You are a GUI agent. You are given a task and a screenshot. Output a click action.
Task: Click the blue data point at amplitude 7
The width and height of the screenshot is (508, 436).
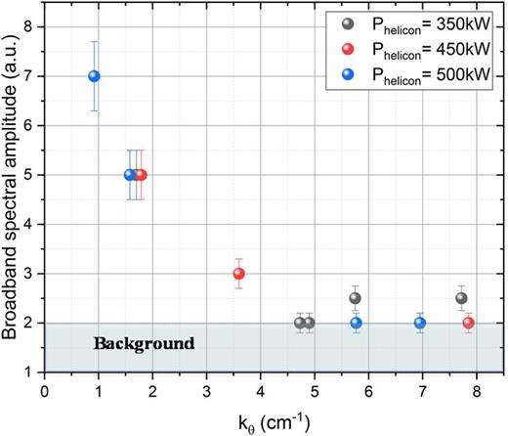coord(94,76)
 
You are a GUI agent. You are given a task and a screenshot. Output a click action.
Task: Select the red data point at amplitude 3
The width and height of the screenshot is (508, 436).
coord(238,274)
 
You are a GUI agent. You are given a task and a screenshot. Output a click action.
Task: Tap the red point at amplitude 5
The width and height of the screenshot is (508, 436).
coord(141,175)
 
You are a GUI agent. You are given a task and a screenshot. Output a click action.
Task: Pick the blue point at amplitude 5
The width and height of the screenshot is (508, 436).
coord(130,175)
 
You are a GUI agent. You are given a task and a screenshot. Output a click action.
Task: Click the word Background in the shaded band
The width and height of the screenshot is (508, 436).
coord(144,344)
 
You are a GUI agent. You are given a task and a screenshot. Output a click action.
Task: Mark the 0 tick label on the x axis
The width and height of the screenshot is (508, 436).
coord(45,389)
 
